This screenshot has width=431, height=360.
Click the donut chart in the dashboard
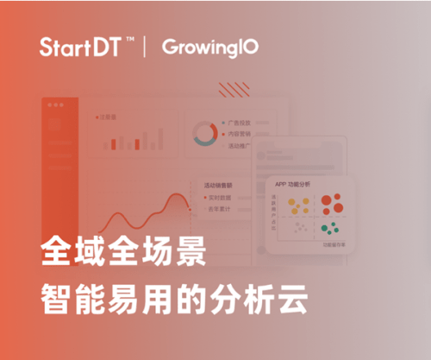204,134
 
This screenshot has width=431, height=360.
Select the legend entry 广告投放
241,123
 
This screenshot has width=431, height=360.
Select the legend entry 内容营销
241,135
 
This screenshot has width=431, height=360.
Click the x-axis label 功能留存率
333,244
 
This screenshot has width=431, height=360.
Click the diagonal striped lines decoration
233,90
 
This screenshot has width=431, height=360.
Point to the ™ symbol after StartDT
128,40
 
